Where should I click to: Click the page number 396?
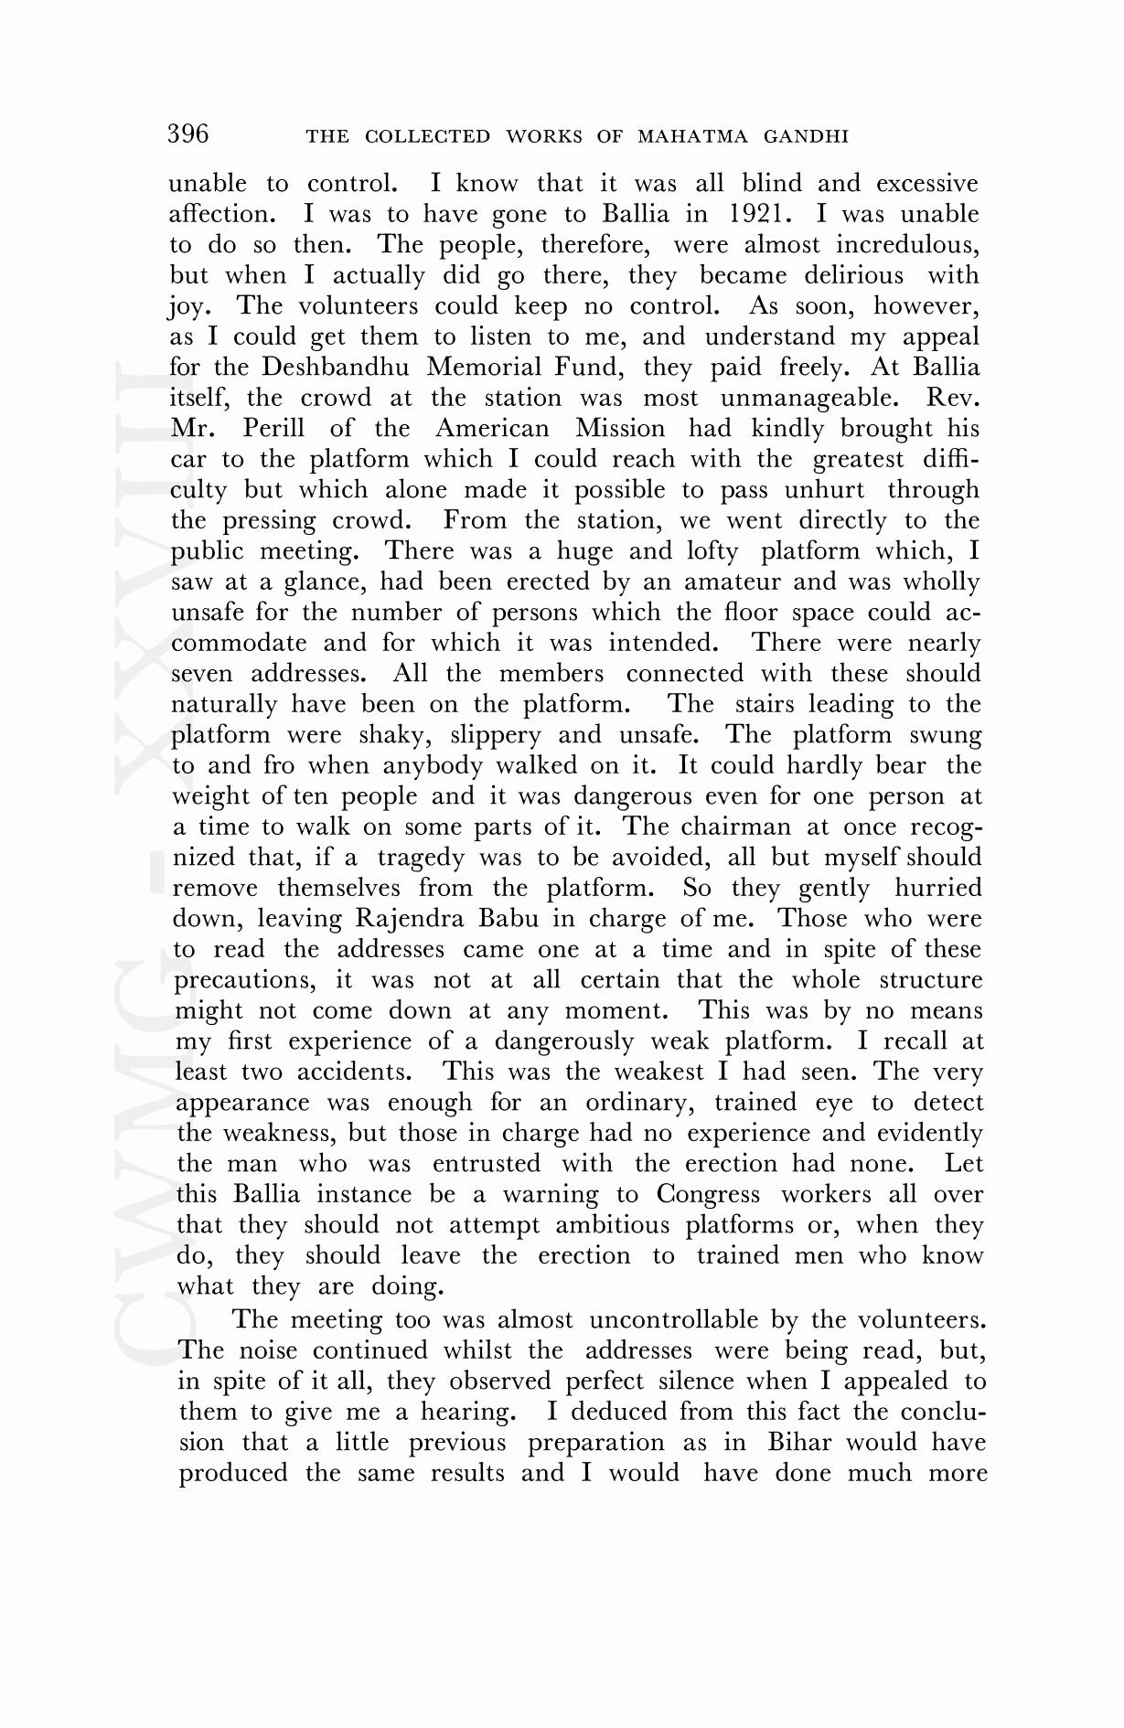coord(188,134)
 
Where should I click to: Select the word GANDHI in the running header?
coord(808,137)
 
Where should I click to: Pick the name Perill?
coord(273,429)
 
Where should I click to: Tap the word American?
coord(492,429)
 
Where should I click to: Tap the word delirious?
coord(853,275)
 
